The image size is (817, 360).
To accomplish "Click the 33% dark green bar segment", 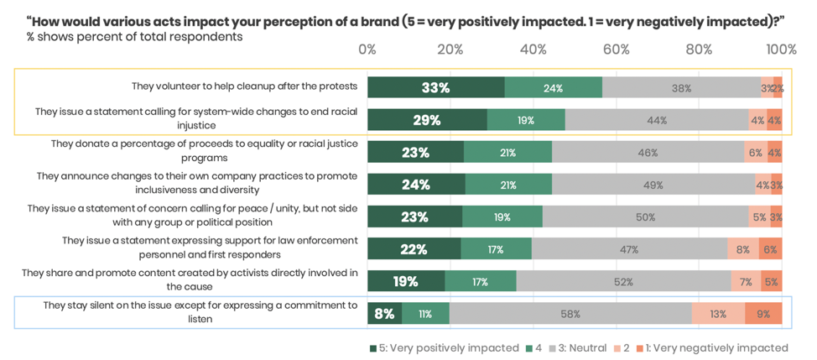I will pyautogui.click(x=436, y=87).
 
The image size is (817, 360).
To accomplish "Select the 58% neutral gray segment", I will pyautogui.click(x=570, y=314).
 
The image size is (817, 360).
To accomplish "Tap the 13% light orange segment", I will pyautogui.click(x=718, y=314).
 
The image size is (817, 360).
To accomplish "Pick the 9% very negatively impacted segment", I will pyautogui.click(x=763, y=314).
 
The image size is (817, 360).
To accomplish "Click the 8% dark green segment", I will pyautogui.click(x=385, y=314).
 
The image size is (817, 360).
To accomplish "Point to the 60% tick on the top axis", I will pyautogui.click(x=617, y=50).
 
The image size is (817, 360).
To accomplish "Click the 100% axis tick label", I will pyautogui.click(x=781, y=50).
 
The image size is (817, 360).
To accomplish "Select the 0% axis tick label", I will pyautogui.click(x=367, y=50).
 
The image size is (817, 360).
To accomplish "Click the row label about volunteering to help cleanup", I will pyautogui.click(x=244, y=86).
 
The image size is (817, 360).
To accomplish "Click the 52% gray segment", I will pyautogui.click(x=623, y=282).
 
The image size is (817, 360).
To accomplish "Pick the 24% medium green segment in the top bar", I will pyautogui.click(x=553, y=87).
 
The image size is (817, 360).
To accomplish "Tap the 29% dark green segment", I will pyautogui.click(x=427, y=120).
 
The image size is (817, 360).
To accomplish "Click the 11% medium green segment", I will pyautogui.click(x=425, y=314).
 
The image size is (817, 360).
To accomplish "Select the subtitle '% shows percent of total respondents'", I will pyautogui.click(x=134, y=37).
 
